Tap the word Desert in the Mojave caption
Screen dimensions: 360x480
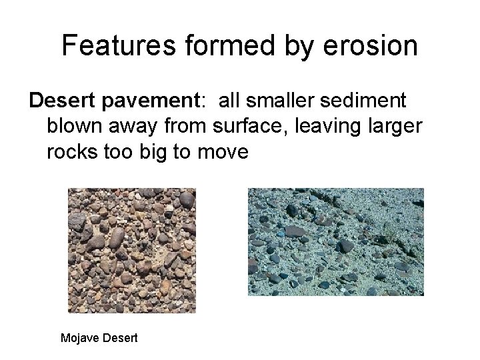(x=121, y=338)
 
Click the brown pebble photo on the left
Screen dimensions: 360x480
(x=132, y=250)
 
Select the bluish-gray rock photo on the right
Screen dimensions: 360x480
(x=335, y=241)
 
